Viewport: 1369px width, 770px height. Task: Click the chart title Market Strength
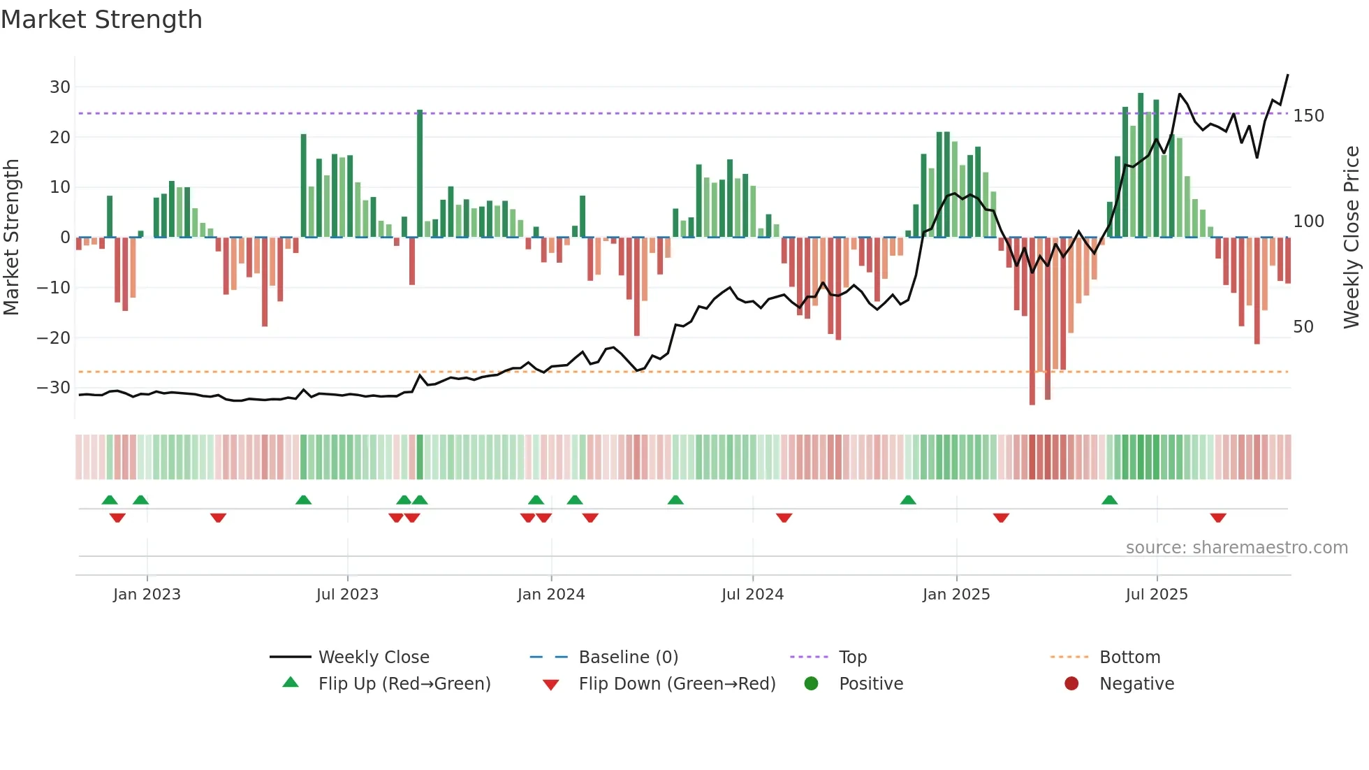(x=102, y=20)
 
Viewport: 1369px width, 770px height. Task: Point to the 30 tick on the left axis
(x=60, y=87)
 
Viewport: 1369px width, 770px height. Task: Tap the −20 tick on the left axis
(x=54, y=338)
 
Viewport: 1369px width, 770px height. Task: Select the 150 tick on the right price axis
(x=1308, y=116)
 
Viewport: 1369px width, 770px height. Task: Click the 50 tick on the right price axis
(x=1303, y=327)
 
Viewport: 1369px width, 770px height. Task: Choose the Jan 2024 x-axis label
(x=551, y=595)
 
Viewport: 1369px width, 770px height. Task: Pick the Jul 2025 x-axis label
(x=1157, y=595)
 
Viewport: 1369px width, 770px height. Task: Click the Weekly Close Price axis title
(x=1352, y=238)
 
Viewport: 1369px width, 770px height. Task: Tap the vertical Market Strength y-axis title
(x=11, y=238)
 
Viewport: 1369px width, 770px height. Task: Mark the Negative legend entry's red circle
(x=1071, y=684)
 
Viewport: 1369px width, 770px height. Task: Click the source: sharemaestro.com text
(x=1236, y=548)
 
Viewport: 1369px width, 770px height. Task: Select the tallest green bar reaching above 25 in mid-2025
(x=1141, y=165)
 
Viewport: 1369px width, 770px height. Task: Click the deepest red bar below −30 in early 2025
(x=1032, y=321)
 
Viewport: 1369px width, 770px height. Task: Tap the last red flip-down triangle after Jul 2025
(x=1218, y=518)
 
